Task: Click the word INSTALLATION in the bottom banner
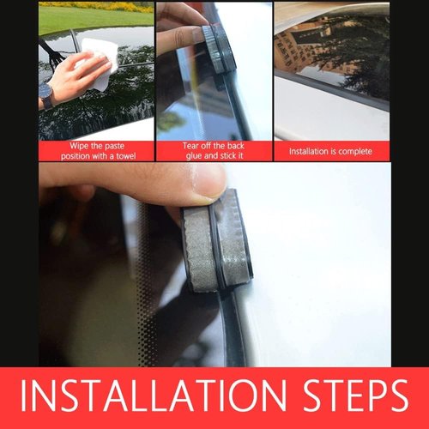(x=154, y=396)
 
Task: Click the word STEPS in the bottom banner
(x=355, y=396)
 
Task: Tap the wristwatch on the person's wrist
(x=46, y=97)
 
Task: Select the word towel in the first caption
(x=126, y=156)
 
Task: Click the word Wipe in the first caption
(x=79, y=146)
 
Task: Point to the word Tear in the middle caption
(x=190, y=146)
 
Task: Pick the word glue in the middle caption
(x=194, y=156)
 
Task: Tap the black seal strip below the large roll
(x=233, y=328)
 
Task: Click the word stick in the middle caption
(x=227, y=155)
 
